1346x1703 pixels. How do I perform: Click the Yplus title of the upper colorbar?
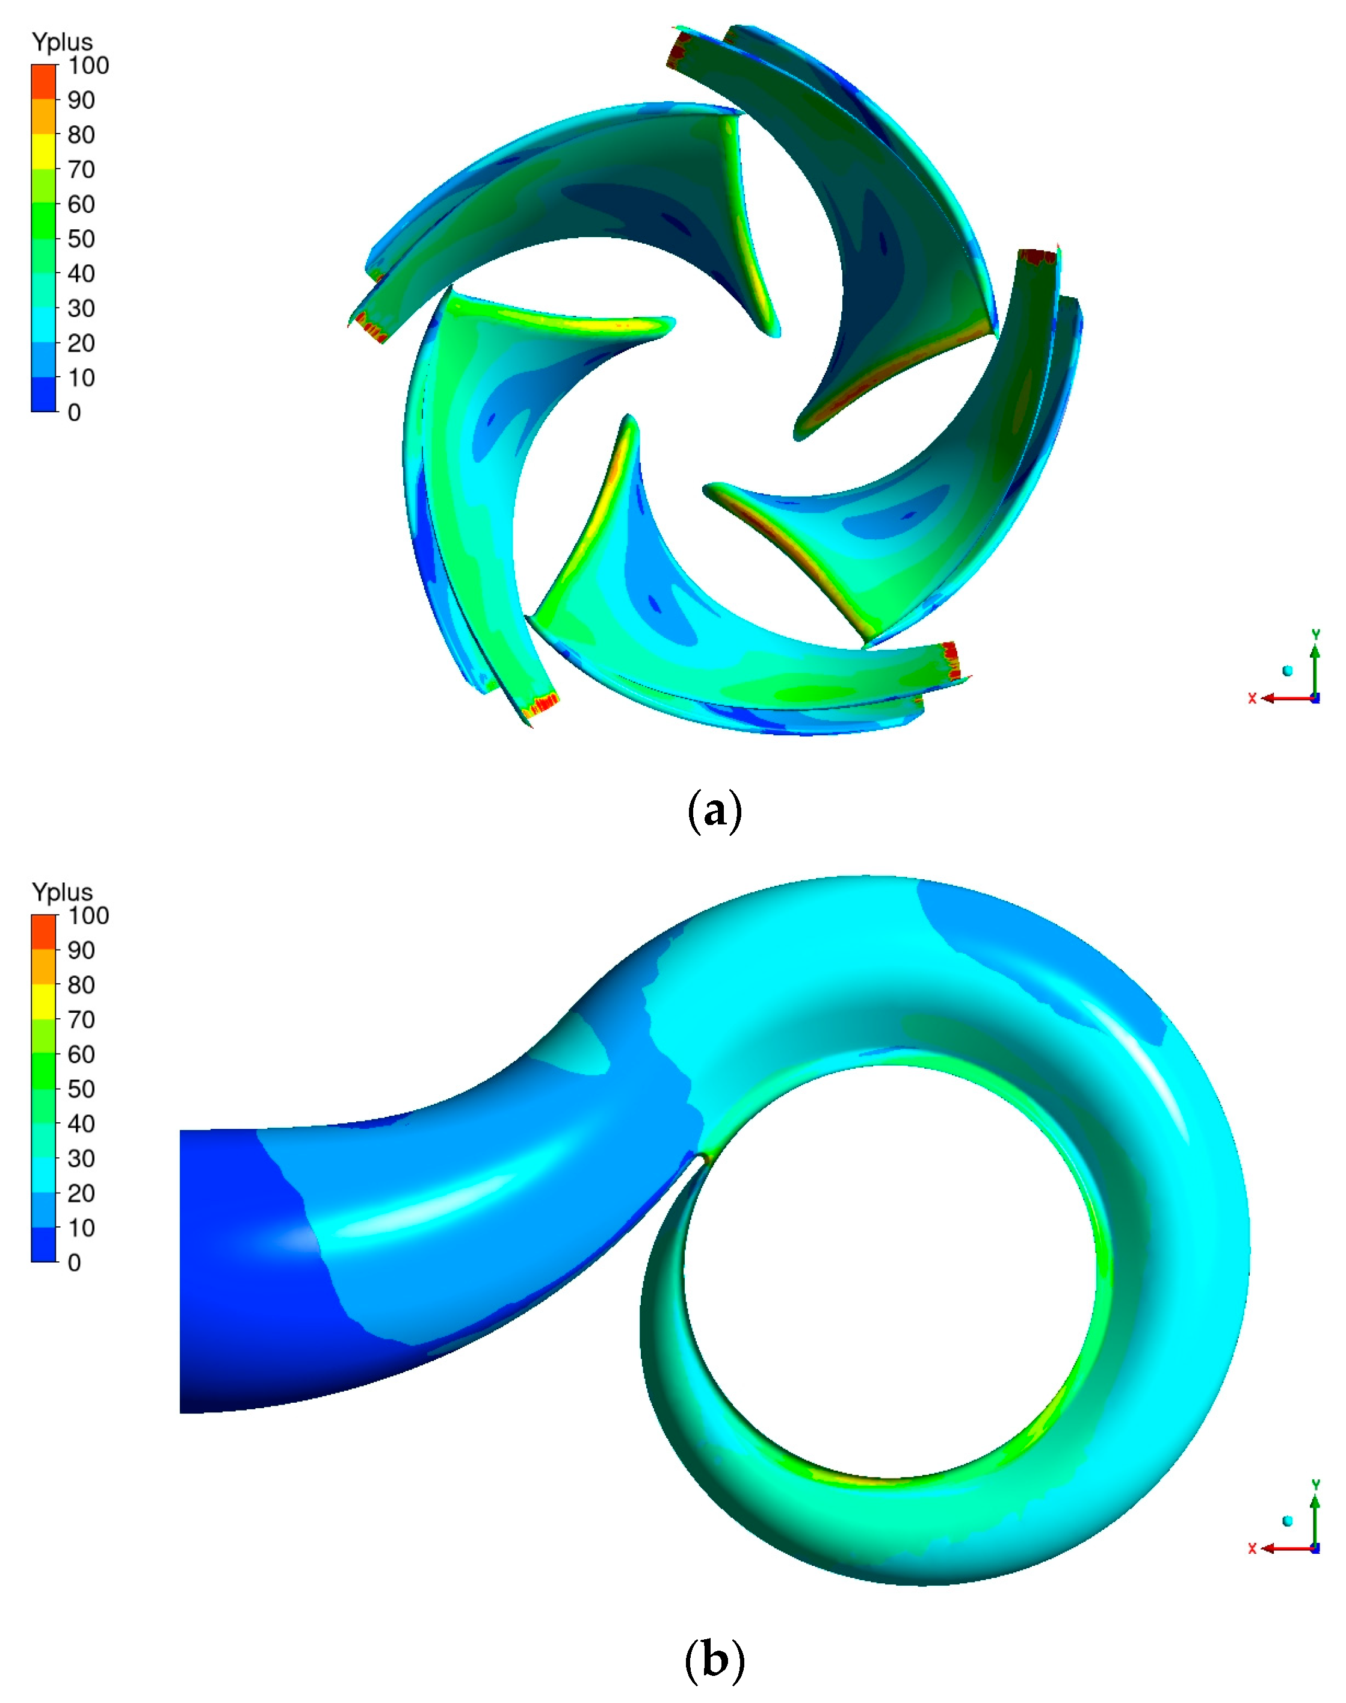click(62, 42)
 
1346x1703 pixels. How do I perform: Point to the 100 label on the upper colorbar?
click(88, 66)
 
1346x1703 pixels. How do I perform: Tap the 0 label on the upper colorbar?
click(74, 412)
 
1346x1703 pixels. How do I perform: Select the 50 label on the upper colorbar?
click(81, 239)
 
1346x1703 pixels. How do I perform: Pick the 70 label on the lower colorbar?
click(81, 1020)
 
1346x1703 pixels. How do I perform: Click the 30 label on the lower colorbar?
click(81, 1158)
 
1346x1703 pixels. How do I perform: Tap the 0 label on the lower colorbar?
click(74, 1263)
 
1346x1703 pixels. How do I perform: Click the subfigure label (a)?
click(715, 810)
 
